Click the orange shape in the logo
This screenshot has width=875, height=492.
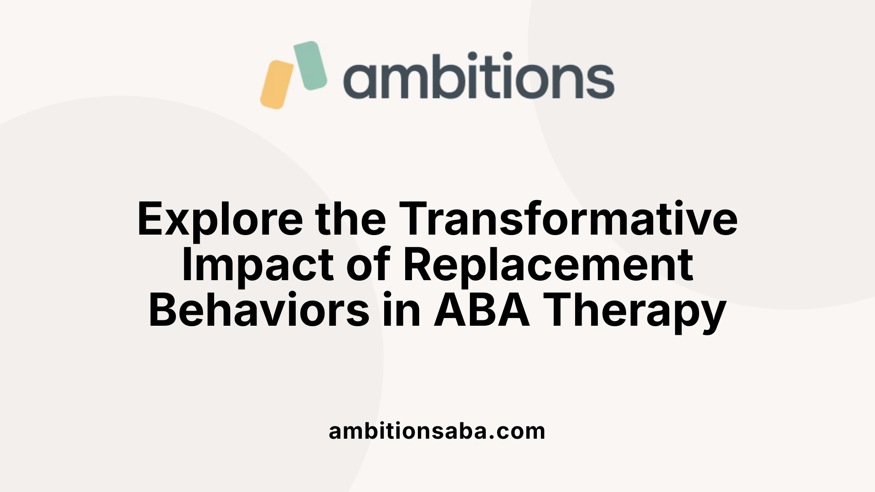(277, 85)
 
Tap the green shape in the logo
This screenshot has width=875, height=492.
(310, 65)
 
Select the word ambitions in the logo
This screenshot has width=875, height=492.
(479, 77)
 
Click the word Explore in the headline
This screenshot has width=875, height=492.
(220, 220)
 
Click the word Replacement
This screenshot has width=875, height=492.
(548, 265)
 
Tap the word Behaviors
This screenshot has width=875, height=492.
(259, 311)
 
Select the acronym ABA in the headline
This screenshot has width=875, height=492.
(482, 311)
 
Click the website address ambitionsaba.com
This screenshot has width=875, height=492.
(437, 431)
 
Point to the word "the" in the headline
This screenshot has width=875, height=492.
(350, 219)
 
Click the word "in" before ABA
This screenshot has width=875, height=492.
(401, 311)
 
